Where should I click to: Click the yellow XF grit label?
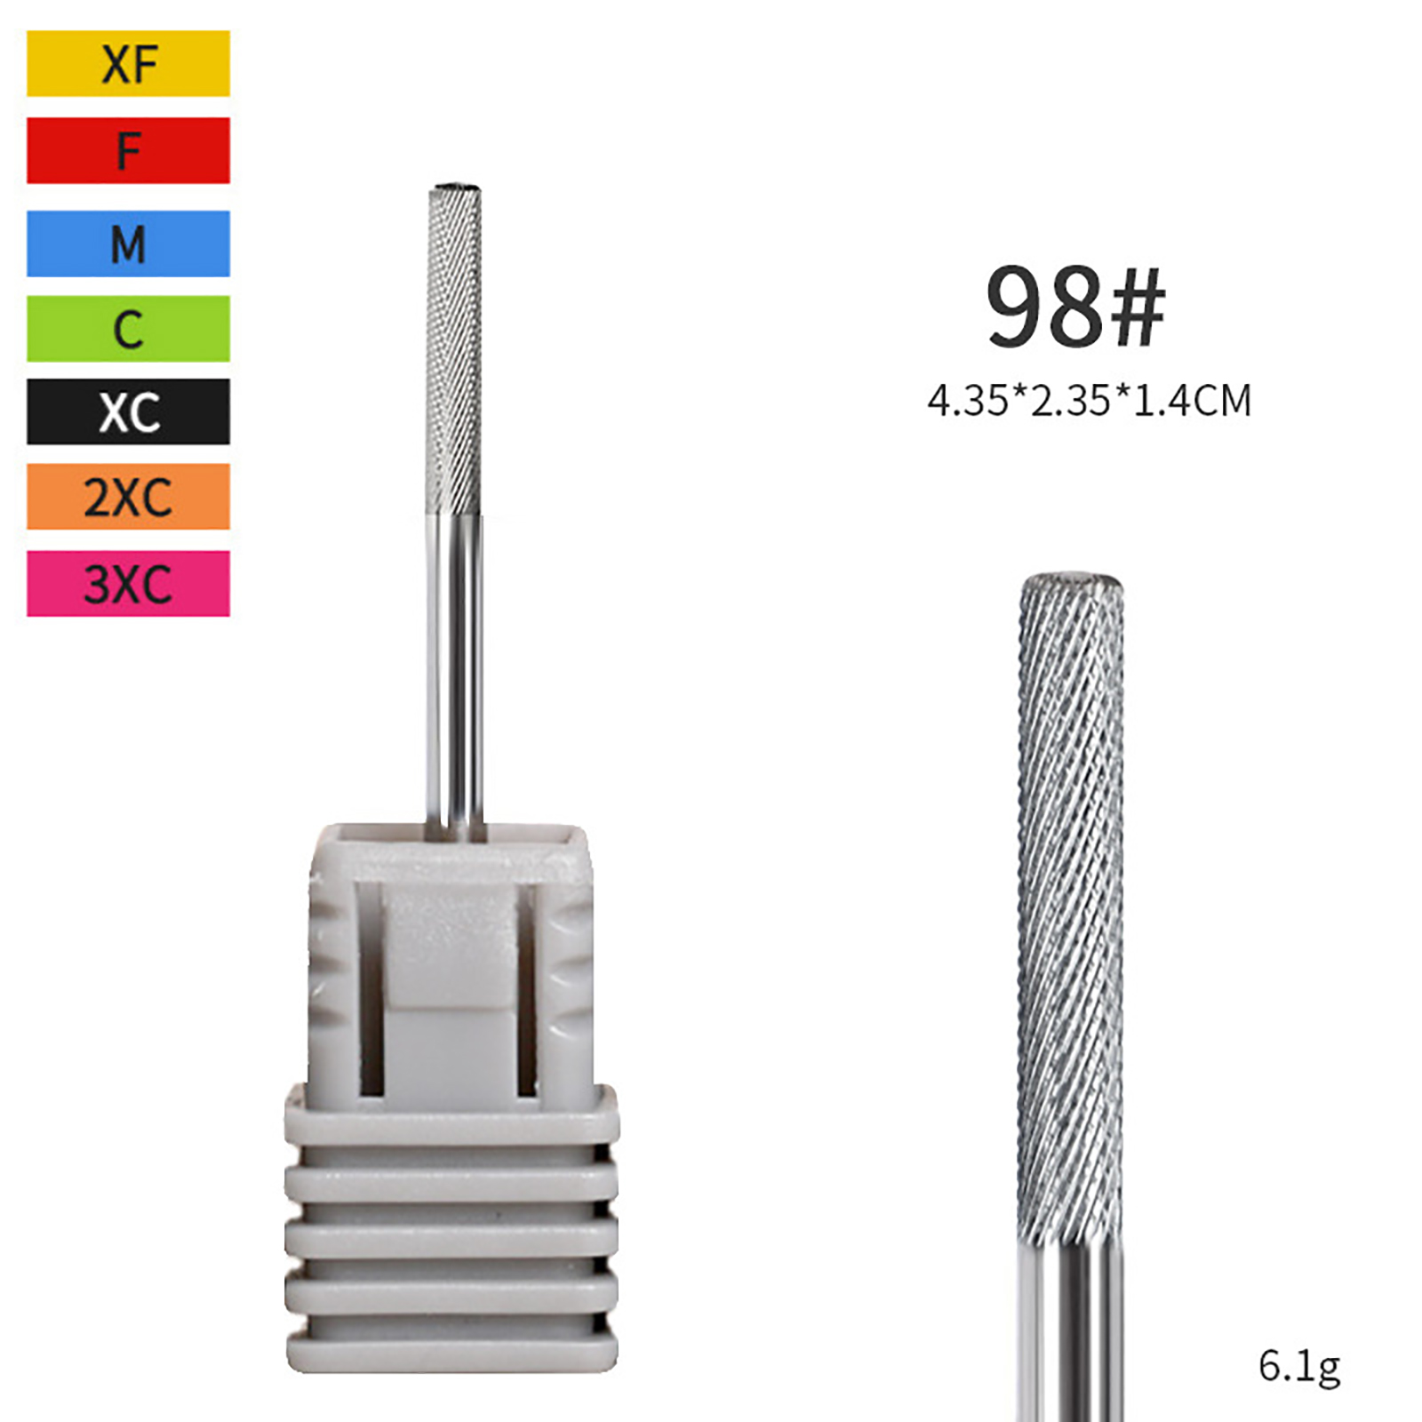[128, 63]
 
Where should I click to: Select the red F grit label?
[128, 150]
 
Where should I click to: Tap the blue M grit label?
[128, 244]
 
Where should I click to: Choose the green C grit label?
[128, 329]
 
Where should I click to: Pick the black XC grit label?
[128, 411]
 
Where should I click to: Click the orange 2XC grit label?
[128, 496]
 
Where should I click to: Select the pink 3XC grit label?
[128, 584]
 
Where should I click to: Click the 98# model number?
[1075, 307]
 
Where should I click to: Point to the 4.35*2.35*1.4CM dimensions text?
[1089, 401]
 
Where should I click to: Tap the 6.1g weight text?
[1298, 1367]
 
